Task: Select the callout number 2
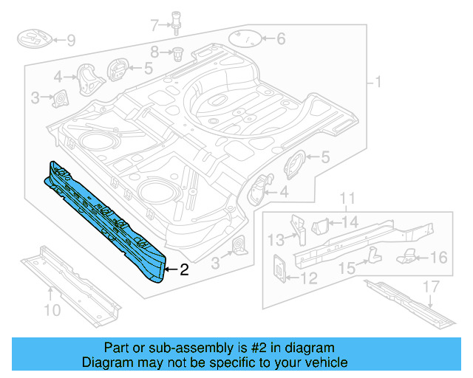184,270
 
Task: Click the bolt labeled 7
177,21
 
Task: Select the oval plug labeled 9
33,38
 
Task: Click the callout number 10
52,310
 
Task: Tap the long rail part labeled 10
70,284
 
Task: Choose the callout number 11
347,198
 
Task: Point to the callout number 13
274,238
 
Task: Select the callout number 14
350,221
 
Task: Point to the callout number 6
280,39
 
